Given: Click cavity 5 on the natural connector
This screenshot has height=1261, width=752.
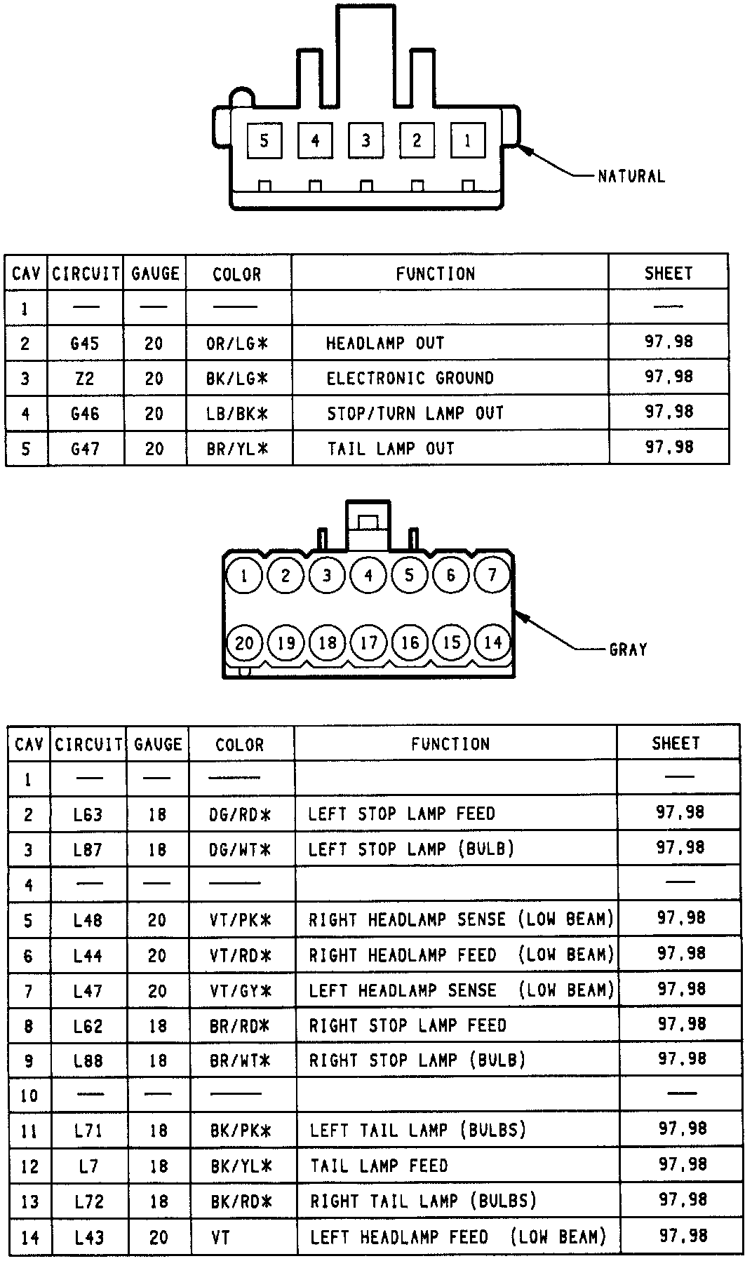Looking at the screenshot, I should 264,141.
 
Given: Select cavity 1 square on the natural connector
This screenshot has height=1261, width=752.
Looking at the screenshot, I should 467,141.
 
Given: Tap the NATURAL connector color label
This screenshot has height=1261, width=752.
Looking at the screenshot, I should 631,176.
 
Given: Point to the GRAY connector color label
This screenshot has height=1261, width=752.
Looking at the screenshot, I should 628,649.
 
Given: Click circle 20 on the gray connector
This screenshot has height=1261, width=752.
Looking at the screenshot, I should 244,642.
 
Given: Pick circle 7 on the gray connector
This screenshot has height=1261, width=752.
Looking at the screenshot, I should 492,576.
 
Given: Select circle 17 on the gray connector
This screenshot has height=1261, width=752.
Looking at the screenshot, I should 369,642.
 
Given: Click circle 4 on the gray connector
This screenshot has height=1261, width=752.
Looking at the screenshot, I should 368,576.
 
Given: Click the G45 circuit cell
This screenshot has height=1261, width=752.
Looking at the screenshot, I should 85,343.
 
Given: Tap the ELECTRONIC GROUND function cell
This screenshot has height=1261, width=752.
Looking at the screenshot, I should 410,378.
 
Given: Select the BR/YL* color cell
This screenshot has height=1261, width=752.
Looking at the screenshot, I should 237,448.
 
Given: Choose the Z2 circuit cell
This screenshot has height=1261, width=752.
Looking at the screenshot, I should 85,379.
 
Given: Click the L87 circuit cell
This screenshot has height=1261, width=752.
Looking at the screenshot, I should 88,849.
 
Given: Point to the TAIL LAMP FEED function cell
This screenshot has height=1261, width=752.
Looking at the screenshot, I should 379,1166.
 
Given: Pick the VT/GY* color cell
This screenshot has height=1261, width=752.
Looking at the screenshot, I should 240,991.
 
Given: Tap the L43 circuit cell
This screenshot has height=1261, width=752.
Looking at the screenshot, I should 89,1237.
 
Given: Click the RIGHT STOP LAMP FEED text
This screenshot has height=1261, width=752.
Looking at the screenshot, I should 408,1026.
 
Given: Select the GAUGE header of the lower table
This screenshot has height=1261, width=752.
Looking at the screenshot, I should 158,743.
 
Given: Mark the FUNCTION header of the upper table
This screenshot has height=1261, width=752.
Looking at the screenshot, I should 435,274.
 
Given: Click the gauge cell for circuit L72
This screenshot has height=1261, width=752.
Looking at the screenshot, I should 159,1201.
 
